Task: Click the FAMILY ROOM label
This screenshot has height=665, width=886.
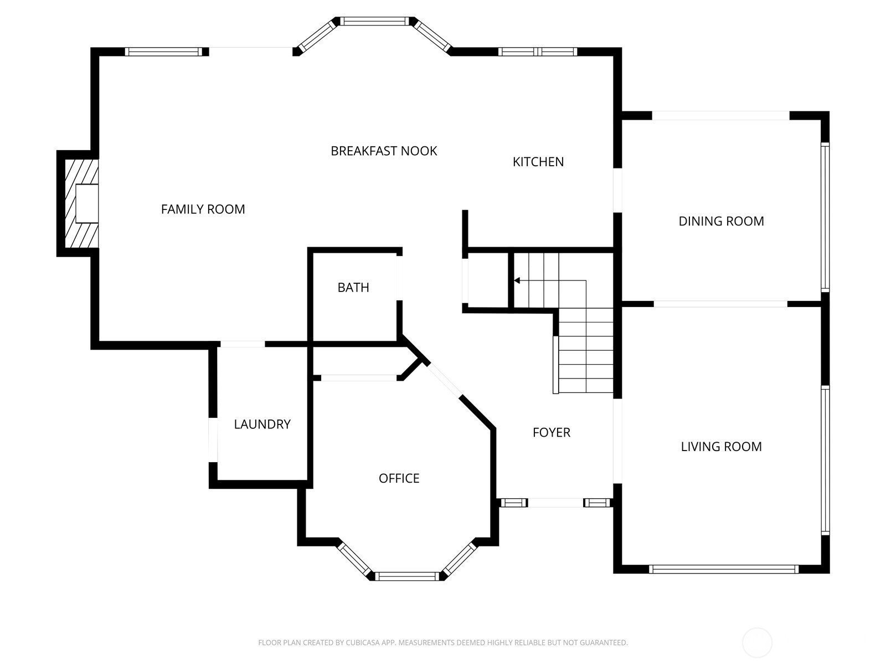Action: pyautogui.click(x=203, y=209)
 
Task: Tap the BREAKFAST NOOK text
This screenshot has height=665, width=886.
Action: pyautogui.click(x=383, y=151)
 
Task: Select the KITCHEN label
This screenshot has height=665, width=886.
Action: pyautogui.click(x=538, y=162)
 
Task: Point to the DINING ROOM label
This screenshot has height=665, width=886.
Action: pyautogui.click(x=721, y=221)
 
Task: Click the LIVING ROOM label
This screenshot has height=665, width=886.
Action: pyautogui.click(x=721, y=447)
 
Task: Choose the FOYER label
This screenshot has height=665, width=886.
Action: pyautogui.click(x=552, y=432)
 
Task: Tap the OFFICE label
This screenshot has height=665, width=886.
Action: pyautogui.click(x=399, y=478)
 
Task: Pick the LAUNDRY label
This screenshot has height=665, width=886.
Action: pyautogui.click(x=262, y=424)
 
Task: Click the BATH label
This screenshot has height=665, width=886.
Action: pyautogui.click(x=353, y=288)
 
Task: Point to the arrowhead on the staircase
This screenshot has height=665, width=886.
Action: pyautogui.click(x=517, y=280)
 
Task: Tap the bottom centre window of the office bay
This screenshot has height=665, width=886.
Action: pyautogui.click(x=407, y=576)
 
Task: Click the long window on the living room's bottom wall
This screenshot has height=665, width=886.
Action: pyautogui.click(x=724, y=569)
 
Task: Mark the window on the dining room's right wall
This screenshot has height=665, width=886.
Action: pyautogui.click(x=826, y=217)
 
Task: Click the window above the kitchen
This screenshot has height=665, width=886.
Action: pyautogui.click(x=538, y=52)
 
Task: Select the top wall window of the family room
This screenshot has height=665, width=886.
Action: pyautogui.click(x=163, y=52)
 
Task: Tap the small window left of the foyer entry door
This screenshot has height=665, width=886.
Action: pyautogui.click(x=514, y=503)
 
